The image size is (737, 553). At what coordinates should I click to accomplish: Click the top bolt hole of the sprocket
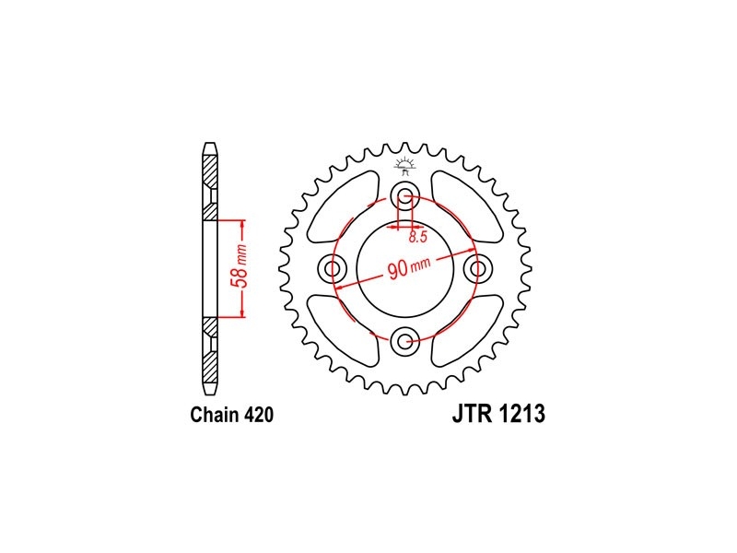click(404, 196)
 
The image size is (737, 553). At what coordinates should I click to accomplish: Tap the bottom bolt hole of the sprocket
click(404, 341)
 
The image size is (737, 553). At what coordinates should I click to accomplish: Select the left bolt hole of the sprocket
click(333, 269)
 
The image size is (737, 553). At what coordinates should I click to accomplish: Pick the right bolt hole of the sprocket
click(477, 269)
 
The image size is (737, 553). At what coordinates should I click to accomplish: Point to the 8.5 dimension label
click(417, 237)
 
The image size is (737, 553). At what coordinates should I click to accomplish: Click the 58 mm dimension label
click(239, 266)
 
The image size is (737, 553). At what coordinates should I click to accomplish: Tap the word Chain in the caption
click(216, 415)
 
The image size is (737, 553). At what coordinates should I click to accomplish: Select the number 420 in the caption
click(259, 415)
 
